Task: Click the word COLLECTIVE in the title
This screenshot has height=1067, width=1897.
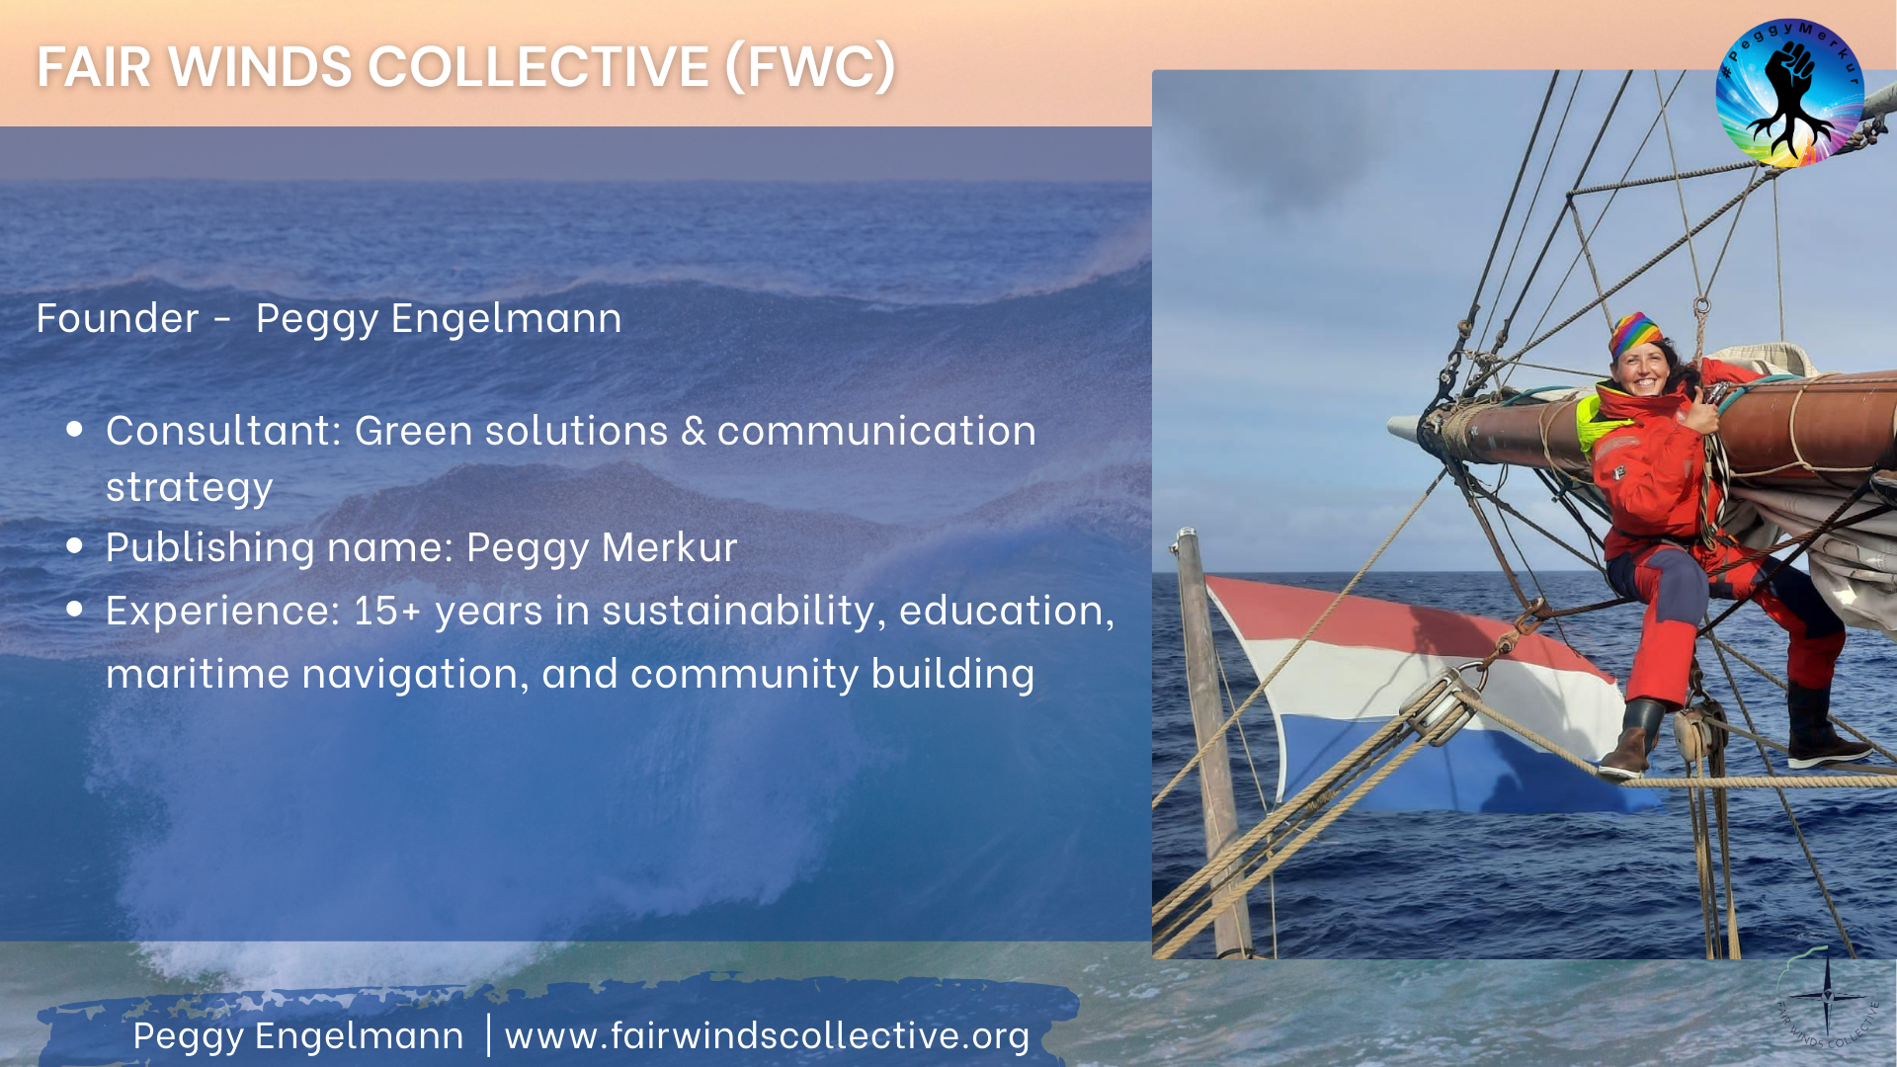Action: [538, 67]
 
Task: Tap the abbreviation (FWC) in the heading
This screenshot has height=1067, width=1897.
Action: [810, 67]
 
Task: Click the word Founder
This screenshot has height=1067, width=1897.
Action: [118, 318]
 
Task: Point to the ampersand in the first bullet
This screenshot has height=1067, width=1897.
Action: [694, 431]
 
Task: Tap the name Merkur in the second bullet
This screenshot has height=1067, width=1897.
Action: [669, 546]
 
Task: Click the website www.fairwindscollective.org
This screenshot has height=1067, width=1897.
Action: [767, 1035]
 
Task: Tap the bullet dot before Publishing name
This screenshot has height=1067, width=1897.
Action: [75, 546]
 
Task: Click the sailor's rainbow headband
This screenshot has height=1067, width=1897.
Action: [1636, 334]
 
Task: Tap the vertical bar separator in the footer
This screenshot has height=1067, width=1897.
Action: [488, 1034]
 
